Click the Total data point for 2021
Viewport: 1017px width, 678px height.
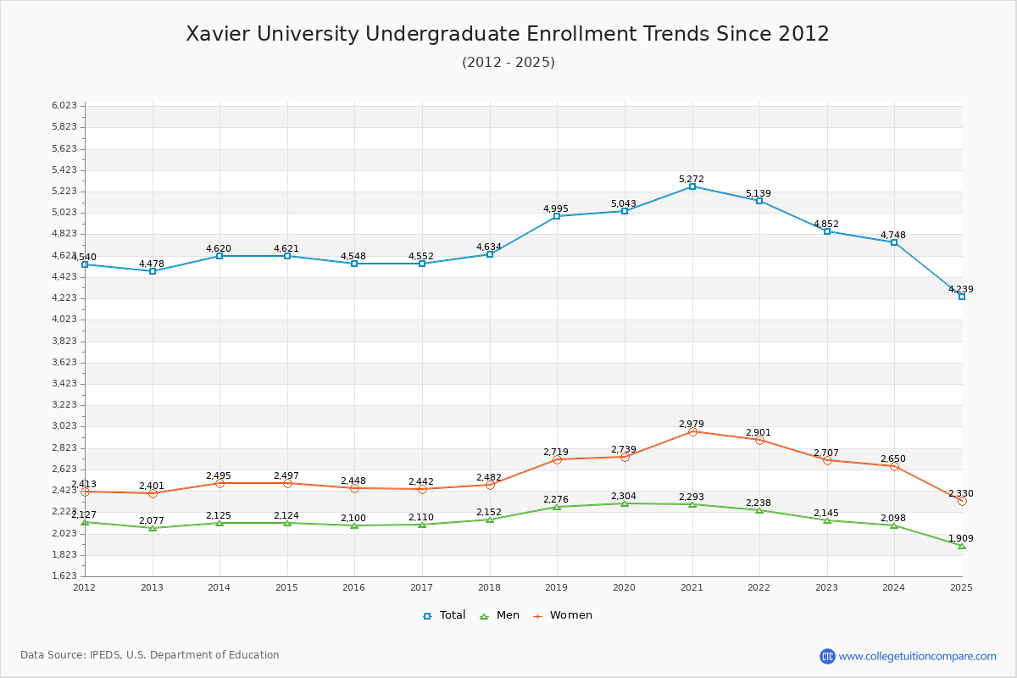692,186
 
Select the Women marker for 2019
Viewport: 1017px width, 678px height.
557,459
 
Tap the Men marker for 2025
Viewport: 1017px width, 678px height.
961,546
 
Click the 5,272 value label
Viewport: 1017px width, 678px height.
692,179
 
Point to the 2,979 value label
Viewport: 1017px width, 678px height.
692,424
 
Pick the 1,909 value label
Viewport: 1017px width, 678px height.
961,538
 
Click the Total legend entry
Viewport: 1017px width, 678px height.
444,615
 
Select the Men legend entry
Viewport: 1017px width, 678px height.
499,615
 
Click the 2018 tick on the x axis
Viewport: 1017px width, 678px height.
489,587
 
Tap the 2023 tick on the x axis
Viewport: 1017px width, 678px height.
826,587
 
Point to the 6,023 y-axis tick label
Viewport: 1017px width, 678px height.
64,105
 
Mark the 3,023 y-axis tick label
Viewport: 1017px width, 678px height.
64,426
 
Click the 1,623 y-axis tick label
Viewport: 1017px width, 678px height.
64,576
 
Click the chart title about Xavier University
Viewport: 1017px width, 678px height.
508,34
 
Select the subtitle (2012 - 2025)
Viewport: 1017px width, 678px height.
508,62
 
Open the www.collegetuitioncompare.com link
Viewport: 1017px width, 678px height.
917,656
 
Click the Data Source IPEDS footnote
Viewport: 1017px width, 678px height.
150,655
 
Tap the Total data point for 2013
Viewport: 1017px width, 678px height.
153,271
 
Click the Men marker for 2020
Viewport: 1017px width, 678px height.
625,503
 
